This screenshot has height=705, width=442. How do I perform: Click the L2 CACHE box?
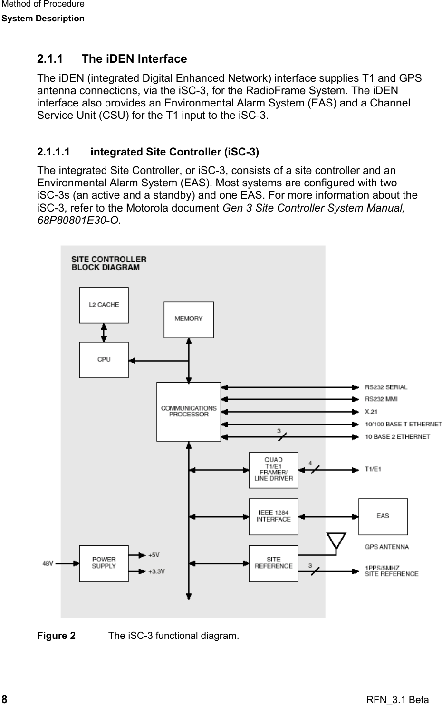[104, 305]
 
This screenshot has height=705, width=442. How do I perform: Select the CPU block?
[104, 360]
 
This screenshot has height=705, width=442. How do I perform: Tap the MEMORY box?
[189, 319]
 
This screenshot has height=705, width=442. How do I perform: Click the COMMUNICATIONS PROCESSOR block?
[189, 412]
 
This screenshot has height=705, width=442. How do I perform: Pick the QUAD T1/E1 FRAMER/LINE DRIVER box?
[273, 470]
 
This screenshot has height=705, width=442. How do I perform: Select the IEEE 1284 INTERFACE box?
[273, 516]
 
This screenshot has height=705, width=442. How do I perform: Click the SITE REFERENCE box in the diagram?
[273, 563]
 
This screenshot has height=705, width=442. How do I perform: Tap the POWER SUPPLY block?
[104, 563]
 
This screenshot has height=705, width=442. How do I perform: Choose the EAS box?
[383, 516]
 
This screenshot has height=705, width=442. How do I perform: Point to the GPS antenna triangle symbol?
[336, 541]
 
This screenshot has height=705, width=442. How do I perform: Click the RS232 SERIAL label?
[386, 387]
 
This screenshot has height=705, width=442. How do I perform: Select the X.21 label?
[371, 411]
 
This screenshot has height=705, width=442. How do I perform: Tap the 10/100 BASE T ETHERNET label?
[403, 424]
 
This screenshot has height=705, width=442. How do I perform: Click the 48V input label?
[48, 563]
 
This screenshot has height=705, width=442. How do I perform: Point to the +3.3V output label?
[156, 571]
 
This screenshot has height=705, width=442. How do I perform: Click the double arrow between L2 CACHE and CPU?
[104, 332]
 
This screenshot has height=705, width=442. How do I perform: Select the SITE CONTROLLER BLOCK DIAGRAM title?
[109, 263]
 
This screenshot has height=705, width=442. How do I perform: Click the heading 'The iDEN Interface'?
[134, 59]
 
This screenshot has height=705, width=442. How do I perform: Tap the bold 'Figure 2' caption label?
[56, 636]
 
